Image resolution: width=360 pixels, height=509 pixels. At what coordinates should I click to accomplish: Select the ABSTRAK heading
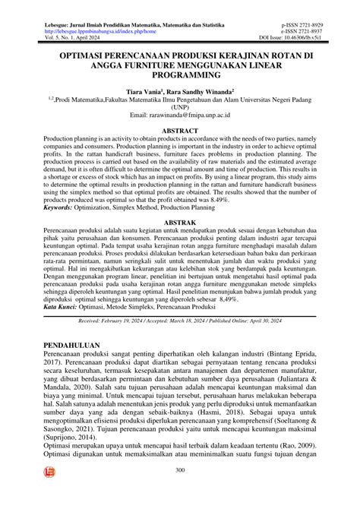(x=179, y=223)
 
